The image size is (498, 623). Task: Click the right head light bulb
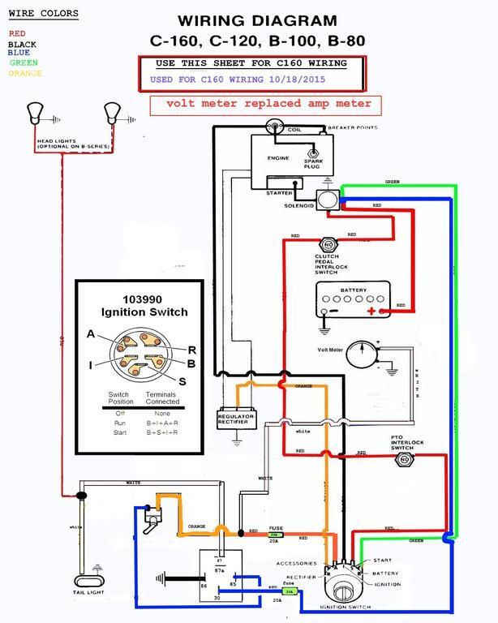(110, 110)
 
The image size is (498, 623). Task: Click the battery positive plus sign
(371, 311)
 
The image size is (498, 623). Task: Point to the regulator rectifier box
(236, 419)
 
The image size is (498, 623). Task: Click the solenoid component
(328, 199)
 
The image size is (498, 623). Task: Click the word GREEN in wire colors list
(24, 62)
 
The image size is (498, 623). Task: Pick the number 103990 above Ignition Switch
(144, 299)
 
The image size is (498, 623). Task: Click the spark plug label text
(312, 165)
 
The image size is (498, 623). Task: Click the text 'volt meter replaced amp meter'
(268, 104)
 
